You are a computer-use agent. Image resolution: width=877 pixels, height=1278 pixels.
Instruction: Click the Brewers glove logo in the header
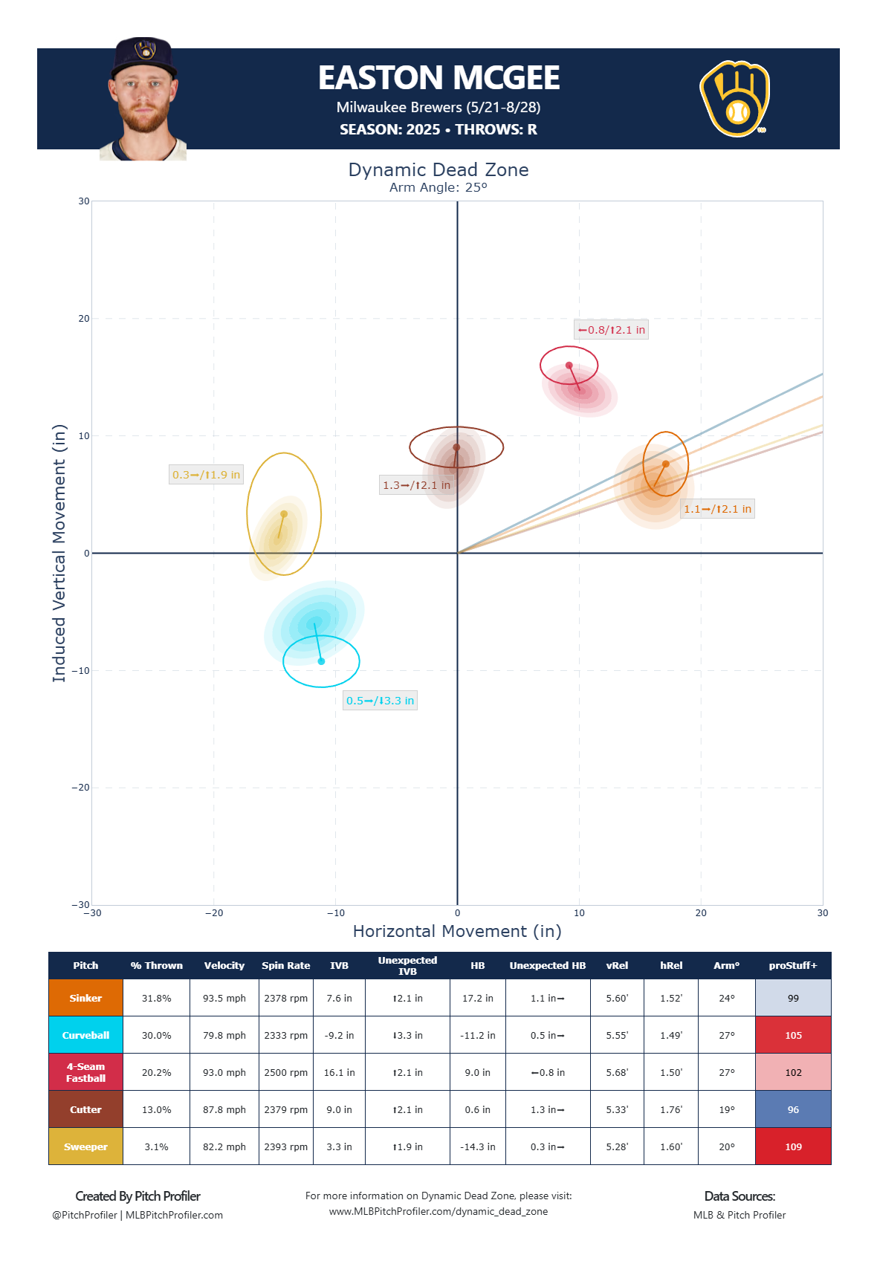click(735, 99)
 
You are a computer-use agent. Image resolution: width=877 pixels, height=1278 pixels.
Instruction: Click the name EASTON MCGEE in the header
click(438, 78)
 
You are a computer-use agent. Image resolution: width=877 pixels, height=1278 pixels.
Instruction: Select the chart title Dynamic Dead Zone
click(438, 169)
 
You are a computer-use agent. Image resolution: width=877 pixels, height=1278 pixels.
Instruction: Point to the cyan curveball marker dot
click(321, 661)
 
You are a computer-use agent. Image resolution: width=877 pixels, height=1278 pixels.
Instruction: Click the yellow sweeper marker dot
click(284, 514)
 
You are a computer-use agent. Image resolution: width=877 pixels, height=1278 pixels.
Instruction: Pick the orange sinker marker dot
click(666, 464)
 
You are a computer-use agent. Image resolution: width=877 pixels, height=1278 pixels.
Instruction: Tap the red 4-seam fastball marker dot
click(569, 366)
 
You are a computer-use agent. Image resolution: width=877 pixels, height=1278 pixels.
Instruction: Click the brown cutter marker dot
click(456, 447)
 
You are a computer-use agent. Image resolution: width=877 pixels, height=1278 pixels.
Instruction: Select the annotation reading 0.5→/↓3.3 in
click(380, 701)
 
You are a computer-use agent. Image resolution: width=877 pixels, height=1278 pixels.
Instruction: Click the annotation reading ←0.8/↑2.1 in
click(611, 330)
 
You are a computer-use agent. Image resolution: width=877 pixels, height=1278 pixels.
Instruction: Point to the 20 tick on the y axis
click(84, 319)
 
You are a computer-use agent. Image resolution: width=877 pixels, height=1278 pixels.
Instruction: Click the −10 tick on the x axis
click(336, 913)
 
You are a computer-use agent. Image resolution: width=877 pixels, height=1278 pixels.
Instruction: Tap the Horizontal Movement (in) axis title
click(457, 932)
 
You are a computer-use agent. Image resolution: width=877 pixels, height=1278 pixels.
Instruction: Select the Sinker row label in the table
click(85, 998)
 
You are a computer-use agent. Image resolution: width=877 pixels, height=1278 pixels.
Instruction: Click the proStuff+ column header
click(793, 965)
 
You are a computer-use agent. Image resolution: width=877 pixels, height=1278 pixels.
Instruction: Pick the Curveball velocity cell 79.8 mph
click(224, 1035)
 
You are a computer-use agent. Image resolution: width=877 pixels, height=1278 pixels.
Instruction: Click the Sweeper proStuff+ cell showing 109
click(793, 1146)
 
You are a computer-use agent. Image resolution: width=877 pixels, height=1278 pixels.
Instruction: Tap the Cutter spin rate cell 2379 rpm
click(286, 1109)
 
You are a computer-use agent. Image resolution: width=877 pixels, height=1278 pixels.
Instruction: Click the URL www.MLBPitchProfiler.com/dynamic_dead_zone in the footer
click(438, 1211)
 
